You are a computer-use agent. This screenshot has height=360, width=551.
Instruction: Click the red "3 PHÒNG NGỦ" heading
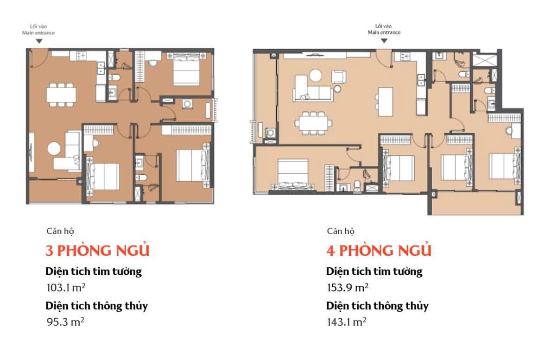tap(97, 250)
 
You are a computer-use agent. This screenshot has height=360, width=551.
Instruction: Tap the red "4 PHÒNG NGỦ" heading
tap(379, 250)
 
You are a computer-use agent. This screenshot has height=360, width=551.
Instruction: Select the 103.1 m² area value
tap(66, 288)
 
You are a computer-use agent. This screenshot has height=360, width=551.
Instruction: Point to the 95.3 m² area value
tap(65, 322)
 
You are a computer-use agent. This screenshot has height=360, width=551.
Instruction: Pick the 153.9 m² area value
tap(348, 288)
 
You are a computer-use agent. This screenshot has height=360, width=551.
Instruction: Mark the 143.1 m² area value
tap(347, 322)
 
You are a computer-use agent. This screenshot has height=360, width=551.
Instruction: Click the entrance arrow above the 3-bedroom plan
tap(39, 41)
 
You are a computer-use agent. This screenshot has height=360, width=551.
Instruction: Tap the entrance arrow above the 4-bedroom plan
tap(384, 41)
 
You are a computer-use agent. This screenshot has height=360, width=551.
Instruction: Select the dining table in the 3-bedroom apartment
tap(61, 95)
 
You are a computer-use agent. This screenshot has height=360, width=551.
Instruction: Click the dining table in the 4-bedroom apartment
tap(314, 123)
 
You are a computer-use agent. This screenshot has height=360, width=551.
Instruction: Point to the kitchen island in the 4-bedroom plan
tap(386, 102)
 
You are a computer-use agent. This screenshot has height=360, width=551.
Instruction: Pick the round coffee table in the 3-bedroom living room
tap(54, 149)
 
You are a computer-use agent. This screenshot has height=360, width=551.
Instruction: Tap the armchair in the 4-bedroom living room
tap(339, 77)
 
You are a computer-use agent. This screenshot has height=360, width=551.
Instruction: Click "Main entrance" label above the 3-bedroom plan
tap(38, 32)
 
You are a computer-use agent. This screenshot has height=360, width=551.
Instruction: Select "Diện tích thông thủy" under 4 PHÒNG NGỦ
tap(377, 306)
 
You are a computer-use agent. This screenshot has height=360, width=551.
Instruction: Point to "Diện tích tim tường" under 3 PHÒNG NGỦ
tap(94, 271)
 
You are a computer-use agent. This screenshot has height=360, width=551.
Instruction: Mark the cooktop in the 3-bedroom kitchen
tap(82, 56)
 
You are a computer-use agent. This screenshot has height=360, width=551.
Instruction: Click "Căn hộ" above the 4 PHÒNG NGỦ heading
tap(341, 231)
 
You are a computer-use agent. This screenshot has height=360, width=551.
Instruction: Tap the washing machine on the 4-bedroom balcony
tap(270, 133)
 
